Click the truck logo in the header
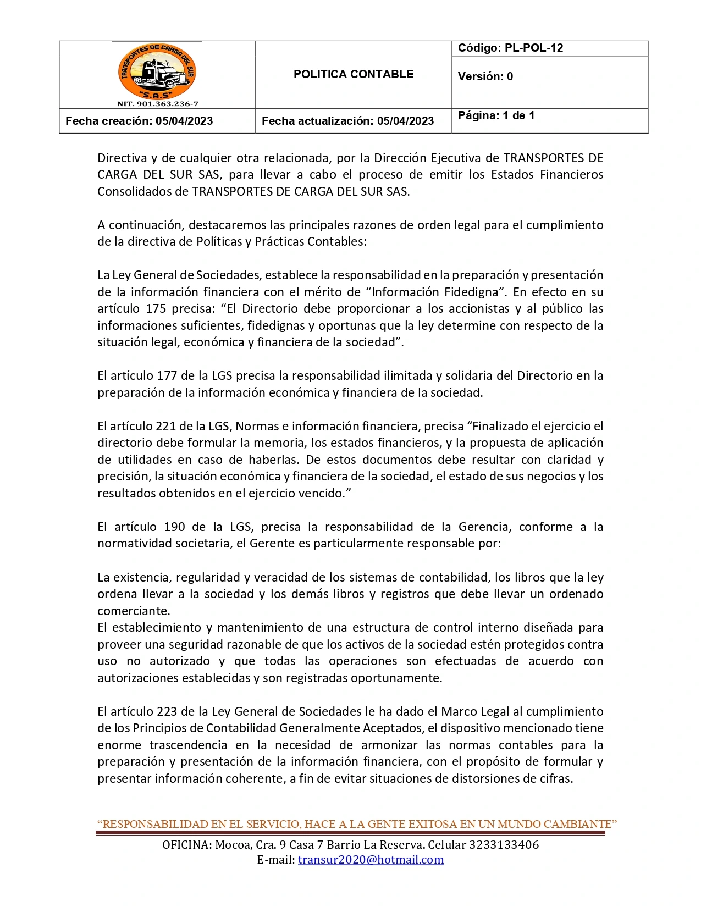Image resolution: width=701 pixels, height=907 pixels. (157, 71)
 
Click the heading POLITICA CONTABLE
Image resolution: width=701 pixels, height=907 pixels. (354, 74)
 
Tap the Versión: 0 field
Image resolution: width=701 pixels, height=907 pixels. (485, 76)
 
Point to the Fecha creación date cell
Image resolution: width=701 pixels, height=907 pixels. (139, 121)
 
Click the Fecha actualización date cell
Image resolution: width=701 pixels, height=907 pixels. (347, 121)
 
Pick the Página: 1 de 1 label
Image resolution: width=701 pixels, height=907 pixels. (496, 115)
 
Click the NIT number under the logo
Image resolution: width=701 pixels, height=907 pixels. (158, 103)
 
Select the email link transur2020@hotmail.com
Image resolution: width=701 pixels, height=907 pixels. (371, 860)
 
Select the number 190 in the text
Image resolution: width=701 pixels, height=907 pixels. (174, 527)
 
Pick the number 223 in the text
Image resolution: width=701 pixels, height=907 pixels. (167, 711)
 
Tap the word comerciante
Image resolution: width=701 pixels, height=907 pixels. (134, 611)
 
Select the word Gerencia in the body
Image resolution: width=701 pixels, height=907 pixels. (483, 527)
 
